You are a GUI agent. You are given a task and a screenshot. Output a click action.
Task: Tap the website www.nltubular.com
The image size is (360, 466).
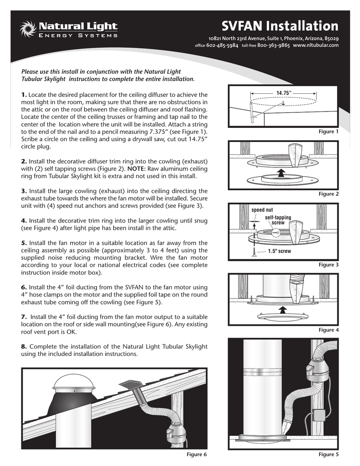pyautogui.click(x=316, y=46)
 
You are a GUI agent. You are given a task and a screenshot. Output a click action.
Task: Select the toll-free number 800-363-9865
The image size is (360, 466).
pyautogui.click(x=274, y=46)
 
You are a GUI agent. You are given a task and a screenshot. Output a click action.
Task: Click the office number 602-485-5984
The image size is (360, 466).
pyautogui.click(x=222, y=46)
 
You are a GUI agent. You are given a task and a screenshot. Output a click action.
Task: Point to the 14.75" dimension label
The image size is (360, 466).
pyautogui.click(x=283, y=93)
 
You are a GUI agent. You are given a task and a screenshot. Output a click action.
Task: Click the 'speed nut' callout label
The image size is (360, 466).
pyautogui.click(x=262, y=210)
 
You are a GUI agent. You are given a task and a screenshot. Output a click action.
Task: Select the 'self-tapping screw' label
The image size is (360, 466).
pyautogui.click(x=278, y=220)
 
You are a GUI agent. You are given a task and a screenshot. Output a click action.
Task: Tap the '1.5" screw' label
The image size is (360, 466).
pyautogui.click(x=279, y=251)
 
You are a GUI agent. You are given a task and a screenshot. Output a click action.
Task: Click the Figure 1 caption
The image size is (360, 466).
pyautogui.click(x=329, y=132)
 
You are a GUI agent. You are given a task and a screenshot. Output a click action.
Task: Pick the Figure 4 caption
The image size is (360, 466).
pyautogui.click(x=329, y=330)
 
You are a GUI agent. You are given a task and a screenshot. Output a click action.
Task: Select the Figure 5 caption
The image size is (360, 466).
pyautogui.click(x=329, y=455)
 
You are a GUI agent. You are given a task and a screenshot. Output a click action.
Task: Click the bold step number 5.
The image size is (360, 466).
pyautogui.click(x=24, y=243)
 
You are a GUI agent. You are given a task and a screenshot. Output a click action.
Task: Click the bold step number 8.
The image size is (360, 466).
pyautogui.click(x=24, y=346)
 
